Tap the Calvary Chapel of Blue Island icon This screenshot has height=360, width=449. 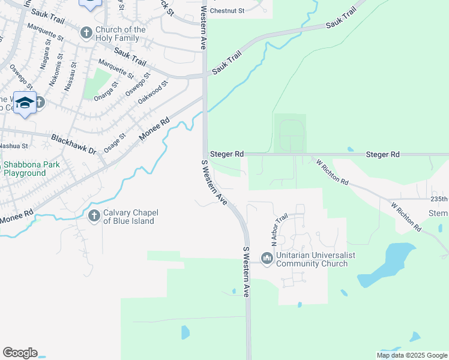pyautogui.click(x=94, y=216)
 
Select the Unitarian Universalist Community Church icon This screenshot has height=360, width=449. pyautogui.click(x=267, y=259)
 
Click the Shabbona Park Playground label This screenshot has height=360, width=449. pyautogui.click(x=25, y=169)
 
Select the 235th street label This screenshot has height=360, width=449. pyautogui.click(x=439, y=199)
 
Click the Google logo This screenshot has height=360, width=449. pyautogui.click(x=20, y=353)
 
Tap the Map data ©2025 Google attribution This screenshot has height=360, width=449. pyautogui.click(x=412, y=355)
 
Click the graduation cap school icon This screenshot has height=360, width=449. pyautogui.click(x=25, y=103)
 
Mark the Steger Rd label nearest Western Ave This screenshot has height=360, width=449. pyautogui.click(x=226, y=154)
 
